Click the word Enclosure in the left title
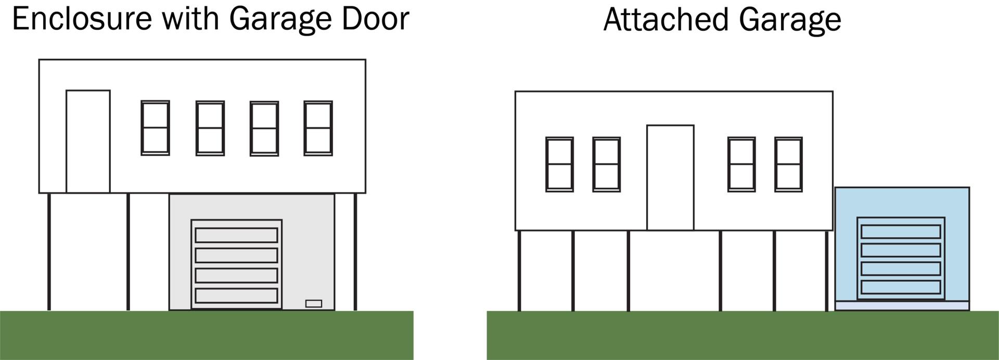pyautogui.click(x=81, y=19)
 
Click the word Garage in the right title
pyautogui.click(x=789, y=21)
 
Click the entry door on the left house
pyautogui.click(x=88, y=142)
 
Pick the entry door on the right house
pyautogui.click(x=670, y=177)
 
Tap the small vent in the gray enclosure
pyautogui.click(x=313, y=304)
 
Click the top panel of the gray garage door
pyautogui.click(x=236, y=235)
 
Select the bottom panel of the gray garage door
pyautogui.click(x=236, y=295)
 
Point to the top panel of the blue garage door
pyautogui.click(x=901, y=232)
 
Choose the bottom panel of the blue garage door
pyautogui.click(x=901, y=287)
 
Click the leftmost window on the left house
pyautogui.click(x=156, y=128)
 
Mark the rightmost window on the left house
pyautogui.click(x=318, y=128)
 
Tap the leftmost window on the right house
pyautogui.click(x=560, y=164)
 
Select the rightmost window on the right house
pyautogui.click(x=788, y=164)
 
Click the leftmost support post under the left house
pyautogui.click(x=49, y=252)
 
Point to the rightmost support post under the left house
pyautogui.click(x=355, y=252)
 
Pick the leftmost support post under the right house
pyautogui.click(x=519, y=271)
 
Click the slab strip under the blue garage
pyautogui.click(x=902, y=306)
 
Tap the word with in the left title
pyautogui.click(x=190, y=19)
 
